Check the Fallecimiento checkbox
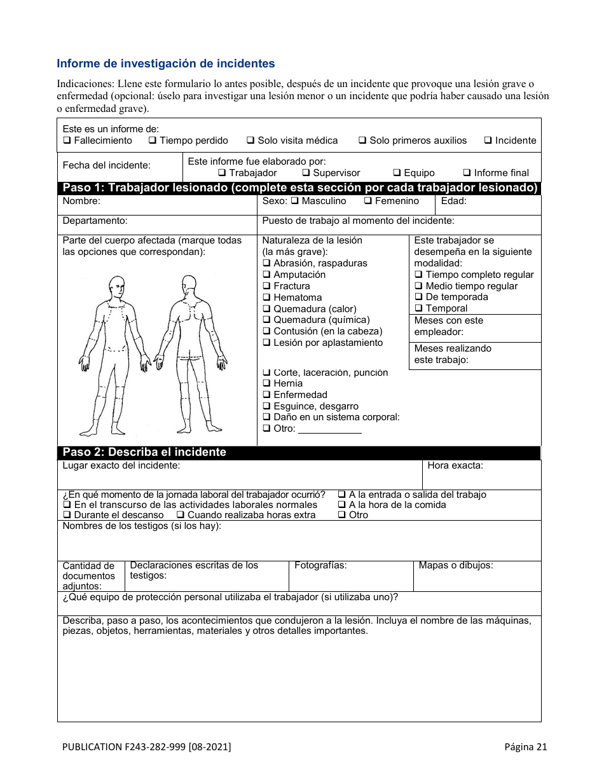pos(67,141)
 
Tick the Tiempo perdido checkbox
pos(153,141)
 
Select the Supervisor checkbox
pos(306,173)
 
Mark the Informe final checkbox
pos(467,173)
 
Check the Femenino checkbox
pos(368,201)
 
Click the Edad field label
pos(454,201)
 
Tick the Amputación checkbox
pos(266,275)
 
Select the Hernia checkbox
pos(266,383)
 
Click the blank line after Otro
pos(329,429)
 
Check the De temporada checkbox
pos(419,297)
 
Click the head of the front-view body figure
pos(116,285)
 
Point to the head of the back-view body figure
pos(189,284)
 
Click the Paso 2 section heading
pos(144,453)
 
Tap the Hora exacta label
pos(455,465)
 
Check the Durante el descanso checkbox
pos(67,515)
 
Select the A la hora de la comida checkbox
pos(341,505)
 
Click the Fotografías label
pos(320,565)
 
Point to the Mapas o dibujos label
pos(456,565)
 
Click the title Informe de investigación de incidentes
pos(166,64)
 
